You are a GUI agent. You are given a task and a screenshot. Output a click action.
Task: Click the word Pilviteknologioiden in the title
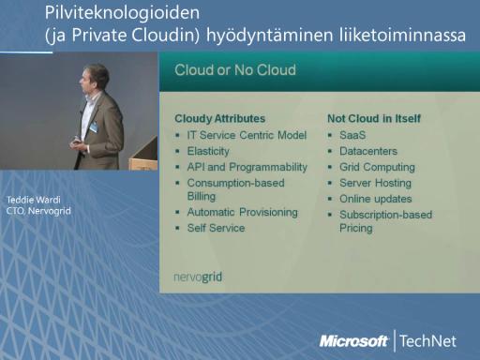(122, 13)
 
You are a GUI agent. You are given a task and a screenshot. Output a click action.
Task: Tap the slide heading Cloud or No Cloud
(235, 70)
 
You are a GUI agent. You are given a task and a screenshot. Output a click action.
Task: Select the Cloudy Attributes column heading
(220, 119)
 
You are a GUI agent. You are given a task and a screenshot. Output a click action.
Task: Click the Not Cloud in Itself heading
(374, 119)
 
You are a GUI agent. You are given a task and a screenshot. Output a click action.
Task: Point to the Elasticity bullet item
(208, 151)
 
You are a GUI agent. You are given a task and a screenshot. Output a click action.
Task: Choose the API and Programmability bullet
(247, 167)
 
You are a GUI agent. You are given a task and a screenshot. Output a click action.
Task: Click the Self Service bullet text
(216, 228)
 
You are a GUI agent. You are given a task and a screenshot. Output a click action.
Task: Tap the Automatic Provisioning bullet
(243, 212)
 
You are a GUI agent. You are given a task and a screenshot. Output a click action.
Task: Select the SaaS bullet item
(352, 135)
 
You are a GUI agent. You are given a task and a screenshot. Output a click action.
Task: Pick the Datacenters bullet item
(368, 151)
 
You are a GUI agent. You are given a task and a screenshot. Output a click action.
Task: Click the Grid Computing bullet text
(377, 167)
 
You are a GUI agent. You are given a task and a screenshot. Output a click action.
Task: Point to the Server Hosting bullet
(375, 183)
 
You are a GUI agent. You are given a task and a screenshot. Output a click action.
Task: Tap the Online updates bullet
(376, 199)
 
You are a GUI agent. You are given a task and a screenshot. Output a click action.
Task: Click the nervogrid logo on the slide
(198, 277)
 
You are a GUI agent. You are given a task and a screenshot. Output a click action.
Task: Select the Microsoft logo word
(353, 341)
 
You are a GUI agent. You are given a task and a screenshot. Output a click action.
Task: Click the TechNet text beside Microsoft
(427, 341)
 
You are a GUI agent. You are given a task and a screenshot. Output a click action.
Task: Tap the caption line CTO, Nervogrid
(38, 211)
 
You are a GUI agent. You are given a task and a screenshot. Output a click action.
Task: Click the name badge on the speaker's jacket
(94, 127)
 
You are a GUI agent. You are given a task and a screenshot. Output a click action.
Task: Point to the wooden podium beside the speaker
(143, 156)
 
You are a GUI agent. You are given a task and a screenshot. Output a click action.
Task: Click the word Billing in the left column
(202, 197)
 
